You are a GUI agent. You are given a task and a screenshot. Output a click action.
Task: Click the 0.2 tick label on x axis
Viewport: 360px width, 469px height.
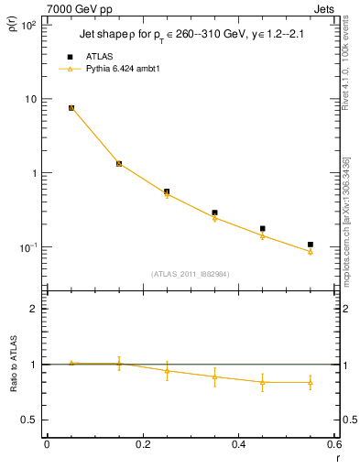[142, 445]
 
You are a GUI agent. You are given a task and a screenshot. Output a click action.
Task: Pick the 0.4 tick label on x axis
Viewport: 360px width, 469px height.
[238, 445]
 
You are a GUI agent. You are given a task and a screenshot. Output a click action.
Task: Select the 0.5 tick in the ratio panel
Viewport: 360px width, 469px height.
[27, 420]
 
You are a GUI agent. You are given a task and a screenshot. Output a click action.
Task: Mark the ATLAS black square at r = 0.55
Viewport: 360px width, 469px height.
[311, 245]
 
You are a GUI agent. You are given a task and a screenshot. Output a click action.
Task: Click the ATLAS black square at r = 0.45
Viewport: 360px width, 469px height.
[263, 229]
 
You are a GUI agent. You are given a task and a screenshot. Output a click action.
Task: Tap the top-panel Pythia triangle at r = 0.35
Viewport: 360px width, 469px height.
[214, 218]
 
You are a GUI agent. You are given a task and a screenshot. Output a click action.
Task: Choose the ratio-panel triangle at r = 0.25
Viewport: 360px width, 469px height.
[167, 371]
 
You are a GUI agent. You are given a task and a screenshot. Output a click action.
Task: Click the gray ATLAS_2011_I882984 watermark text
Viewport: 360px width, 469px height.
[190, 274]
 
